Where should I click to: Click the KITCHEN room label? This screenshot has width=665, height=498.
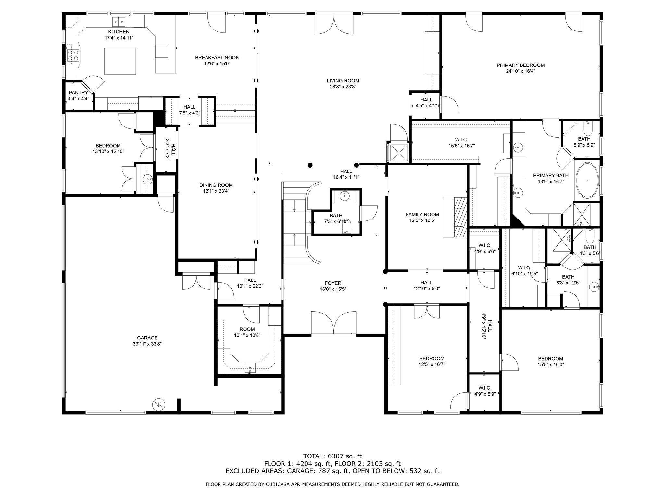[x=119, y=32]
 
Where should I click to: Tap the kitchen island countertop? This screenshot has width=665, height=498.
[x=120, y=61]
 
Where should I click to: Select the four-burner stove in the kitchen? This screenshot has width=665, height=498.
[x=73, y=55]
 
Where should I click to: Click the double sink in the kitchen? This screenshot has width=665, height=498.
[x=119, y=22]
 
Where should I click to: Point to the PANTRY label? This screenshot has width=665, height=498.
[x=78, y=93]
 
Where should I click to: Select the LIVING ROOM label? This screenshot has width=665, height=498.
[x=343, y=81]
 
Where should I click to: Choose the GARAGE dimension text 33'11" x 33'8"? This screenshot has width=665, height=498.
[x=147, y=344]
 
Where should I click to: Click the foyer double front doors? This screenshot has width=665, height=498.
[x=333, y=322]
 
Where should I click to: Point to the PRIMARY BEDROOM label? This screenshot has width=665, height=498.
[x=521, y=65]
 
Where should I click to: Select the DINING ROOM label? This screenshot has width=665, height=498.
[x=216, y=185]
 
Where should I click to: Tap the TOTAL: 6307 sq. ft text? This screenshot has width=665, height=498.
[x=332, y=456]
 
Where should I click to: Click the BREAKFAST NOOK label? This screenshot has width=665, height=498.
[x=217, y=58]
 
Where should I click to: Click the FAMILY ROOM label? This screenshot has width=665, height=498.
[x=422, y=214]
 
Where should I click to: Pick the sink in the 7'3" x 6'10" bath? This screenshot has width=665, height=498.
[x=344, y=196]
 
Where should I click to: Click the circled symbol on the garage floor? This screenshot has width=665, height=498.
[x=158, y=404]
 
